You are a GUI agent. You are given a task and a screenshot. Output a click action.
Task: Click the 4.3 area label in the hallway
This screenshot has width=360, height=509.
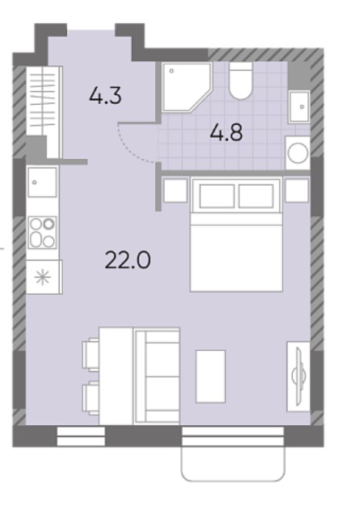(x=106, y=96)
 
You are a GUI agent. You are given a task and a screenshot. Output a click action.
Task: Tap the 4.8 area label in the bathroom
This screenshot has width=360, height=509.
(x=227, y=133)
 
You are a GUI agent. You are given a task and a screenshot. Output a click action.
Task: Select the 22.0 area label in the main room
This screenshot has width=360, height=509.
(x=128, y=261)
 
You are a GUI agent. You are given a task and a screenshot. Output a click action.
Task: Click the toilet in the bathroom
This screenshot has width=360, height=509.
(x=241, y=81)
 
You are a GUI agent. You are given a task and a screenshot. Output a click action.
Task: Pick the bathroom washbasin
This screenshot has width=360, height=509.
(x=299, y=106)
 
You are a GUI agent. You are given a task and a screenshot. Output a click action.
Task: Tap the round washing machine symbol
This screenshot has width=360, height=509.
(x=298, y=153)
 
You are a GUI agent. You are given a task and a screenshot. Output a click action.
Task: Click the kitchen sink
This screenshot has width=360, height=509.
(x=42, y=182)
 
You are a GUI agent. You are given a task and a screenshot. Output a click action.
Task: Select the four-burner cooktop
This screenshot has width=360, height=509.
(x=42, y=232)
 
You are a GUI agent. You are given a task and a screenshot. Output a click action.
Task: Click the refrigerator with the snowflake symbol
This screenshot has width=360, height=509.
(x=44, y=277)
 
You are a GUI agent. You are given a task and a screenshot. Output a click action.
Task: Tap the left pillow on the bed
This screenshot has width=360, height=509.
(x=217, y=196)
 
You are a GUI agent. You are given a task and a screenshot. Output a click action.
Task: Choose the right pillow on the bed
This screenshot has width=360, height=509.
(x=256, y=196)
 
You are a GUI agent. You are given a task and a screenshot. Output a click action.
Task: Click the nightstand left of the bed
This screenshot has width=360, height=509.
(x=175, y=190)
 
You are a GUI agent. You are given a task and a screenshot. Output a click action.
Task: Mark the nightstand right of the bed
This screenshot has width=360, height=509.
(x=297, y=190)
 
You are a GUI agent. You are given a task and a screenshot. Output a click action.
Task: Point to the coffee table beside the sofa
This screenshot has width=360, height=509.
(x=210, y=376)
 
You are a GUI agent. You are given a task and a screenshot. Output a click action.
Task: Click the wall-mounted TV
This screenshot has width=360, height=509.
(x=298, y=376)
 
